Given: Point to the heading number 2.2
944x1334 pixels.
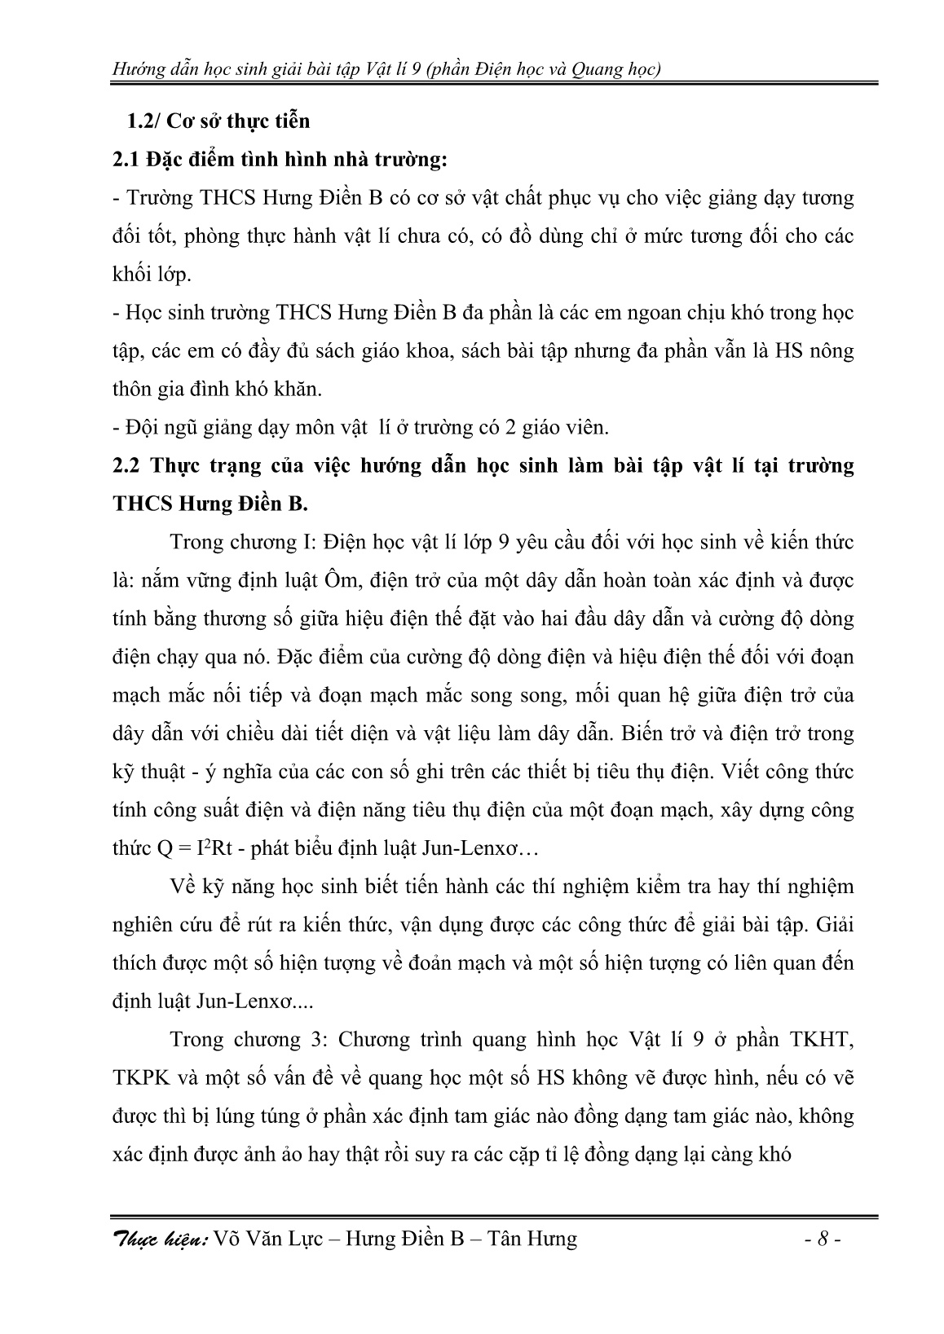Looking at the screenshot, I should (126, 466).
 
